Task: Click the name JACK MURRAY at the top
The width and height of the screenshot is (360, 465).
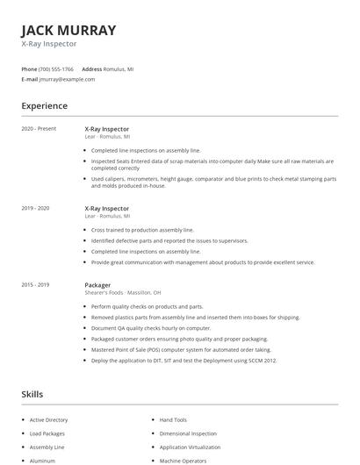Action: (68, 30)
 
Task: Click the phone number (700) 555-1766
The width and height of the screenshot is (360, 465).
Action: (57, 68)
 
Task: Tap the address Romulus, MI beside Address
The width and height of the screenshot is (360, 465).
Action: (119, 68)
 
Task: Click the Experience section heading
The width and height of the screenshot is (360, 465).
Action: (44, 106)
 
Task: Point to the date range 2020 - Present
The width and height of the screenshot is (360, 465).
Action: (39, 129)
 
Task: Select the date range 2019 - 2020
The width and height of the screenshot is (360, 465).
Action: (36, 208)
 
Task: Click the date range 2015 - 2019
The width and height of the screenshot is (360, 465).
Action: (36, 284)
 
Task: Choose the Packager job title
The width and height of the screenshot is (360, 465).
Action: (97, 284)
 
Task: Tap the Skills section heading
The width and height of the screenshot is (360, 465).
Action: (32, 394)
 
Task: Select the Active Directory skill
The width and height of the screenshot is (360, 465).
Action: (50, 420)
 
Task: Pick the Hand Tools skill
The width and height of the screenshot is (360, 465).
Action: (174, 420)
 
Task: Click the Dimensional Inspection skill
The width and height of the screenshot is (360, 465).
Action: (188, 433)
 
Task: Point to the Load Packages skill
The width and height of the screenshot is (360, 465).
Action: (48, 433)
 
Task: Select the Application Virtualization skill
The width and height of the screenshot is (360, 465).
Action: (191, 447)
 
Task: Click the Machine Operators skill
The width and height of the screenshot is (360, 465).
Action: (182, 460)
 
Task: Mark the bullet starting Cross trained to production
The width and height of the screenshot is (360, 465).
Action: (142, 230)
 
